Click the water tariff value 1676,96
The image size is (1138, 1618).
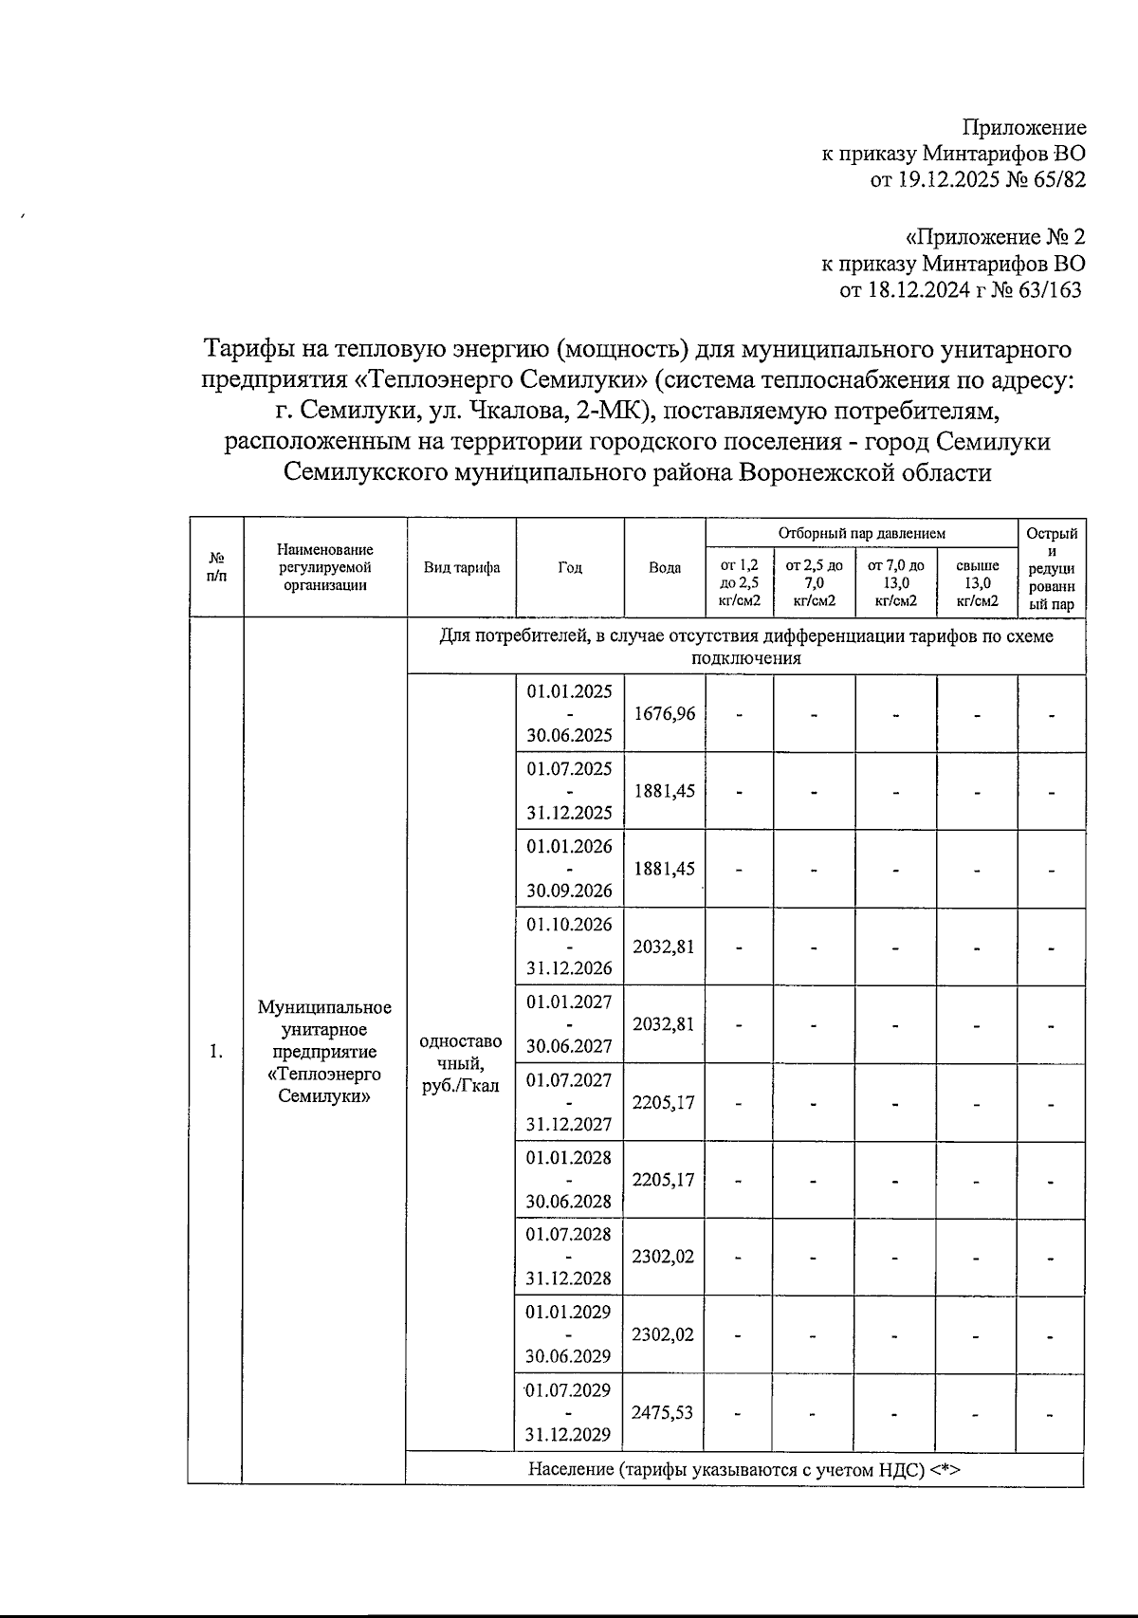(664, 713)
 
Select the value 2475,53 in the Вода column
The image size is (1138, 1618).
(664, 1412)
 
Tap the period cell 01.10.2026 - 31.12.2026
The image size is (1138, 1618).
(569, 947)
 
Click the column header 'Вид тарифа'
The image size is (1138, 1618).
(462, 567)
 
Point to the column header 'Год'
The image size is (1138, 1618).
(570, 567)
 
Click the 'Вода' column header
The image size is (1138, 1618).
(664, 567)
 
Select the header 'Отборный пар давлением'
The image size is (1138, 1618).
(861, 533)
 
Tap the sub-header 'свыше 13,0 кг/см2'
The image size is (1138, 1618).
(977, 582)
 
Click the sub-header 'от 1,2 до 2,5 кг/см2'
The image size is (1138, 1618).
(739, 582)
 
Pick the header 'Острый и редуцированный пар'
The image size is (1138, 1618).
(1051, 567)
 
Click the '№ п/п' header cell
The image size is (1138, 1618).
(216, 567)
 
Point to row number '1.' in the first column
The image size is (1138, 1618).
(216, 1051)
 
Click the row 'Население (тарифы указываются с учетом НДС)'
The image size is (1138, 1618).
(744, 1470)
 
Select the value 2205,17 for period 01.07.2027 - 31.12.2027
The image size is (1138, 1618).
(664, 1102)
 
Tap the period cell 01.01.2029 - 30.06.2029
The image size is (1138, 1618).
(569, 1334)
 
